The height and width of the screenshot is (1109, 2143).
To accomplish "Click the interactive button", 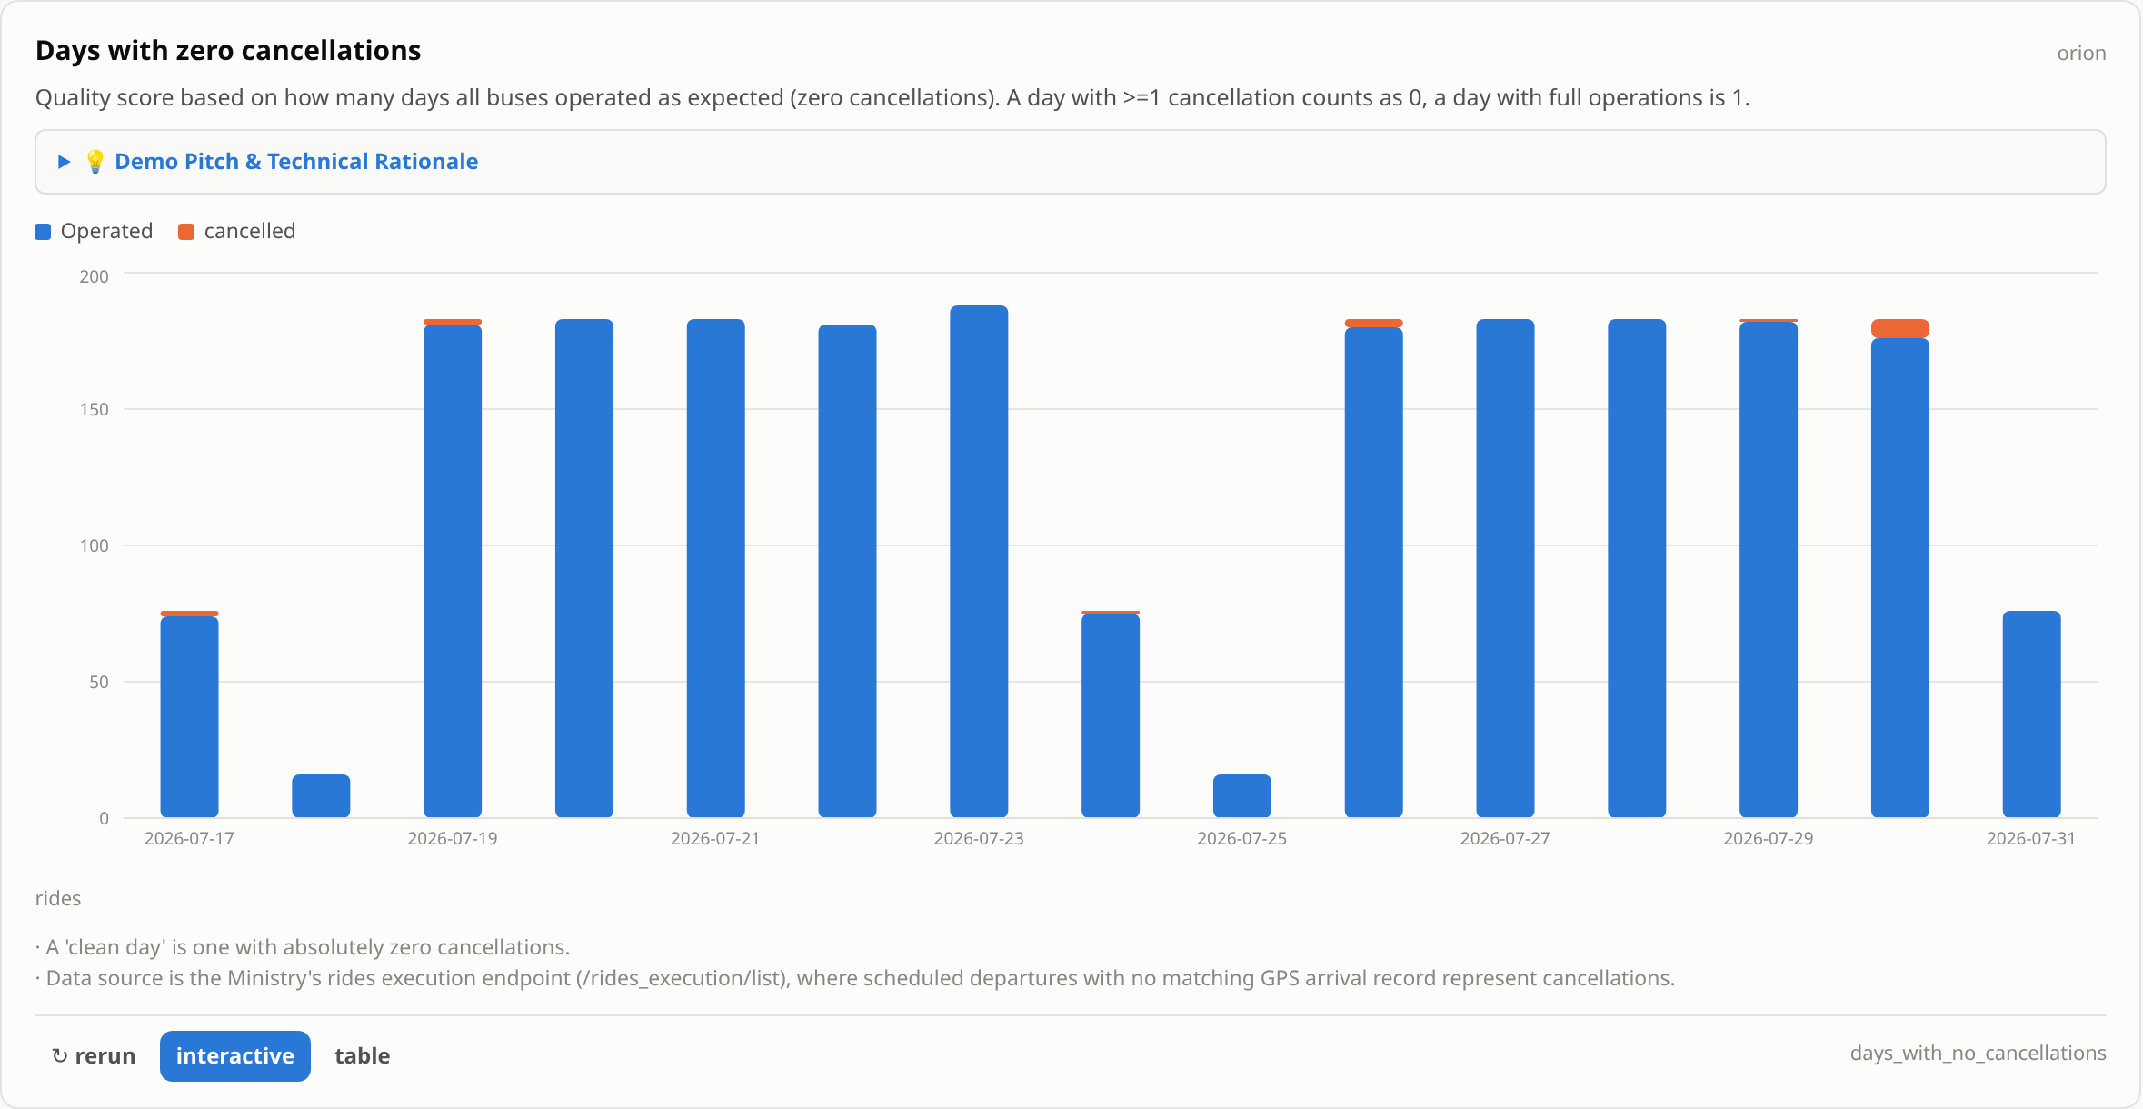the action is pyautogui.click(x=235, y=1055).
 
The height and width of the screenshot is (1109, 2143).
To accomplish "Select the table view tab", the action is pyautogui.click(x=362, y=1055).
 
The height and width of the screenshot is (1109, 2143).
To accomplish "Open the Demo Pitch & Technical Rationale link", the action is pyautogui.click(x=296, y=161).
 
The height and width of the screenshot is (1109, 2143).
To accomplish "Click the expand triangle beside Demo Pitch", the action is pyautogui.click(x=65, y=162).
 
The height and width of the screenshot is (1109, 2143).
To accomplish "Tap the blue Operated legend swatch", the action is pyautogui.click(x=43, y=232).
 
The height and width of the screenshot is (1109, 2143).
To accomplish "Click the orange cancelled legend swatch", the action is pyautogui.click(x=186, y=232).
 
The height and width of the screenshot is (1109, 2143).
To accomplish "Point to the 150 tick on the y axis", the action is pyautogui.click(x=95, y=409).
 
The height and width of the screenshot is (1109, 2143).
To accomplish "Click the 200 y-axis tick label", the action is pyautogui.click(x=95, y=276).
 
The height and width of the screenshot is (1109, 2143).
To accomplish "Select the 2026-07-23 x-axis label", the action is pyautogui.click(x=979, y=838).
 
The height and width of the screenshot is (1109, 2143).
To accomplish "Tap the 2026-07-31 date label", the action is pyautogui.click(x=2031, y=838).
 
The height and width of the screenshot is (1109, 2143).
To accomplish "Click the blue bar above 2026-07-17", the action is pyautogui.click(x=190, y=716).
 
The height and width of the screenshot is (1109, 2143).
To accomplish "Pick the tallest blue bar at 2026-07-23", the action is pyautogui.click(x=979, y=561).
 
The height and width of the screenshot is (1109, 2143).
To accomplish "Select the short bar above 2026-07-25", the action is pyautogui.click(x=1242, y=795).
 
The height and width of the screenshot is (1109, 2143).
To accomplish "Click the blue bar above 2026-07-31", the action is pyautogui.click(x=2032, y=714).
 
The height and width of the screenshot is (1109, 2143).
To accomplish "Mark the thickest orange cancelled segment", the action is pyautogui.click(x=1900, y=328).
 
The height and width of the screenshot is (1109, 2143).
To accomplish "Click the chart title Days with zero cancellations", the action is pyautogui.click(x=228, y=51).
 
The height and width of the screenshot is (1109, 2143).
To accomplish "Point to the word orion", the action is pyautogui.click(x=2081, y=54).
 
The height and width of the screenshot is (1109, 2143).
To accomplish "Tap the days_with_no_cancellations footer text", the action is pyautogui.click(x=1979, y=1053).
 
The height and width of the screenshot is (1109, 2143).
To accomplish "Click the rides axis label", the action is pyautogui.click(x=58, y=898).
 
